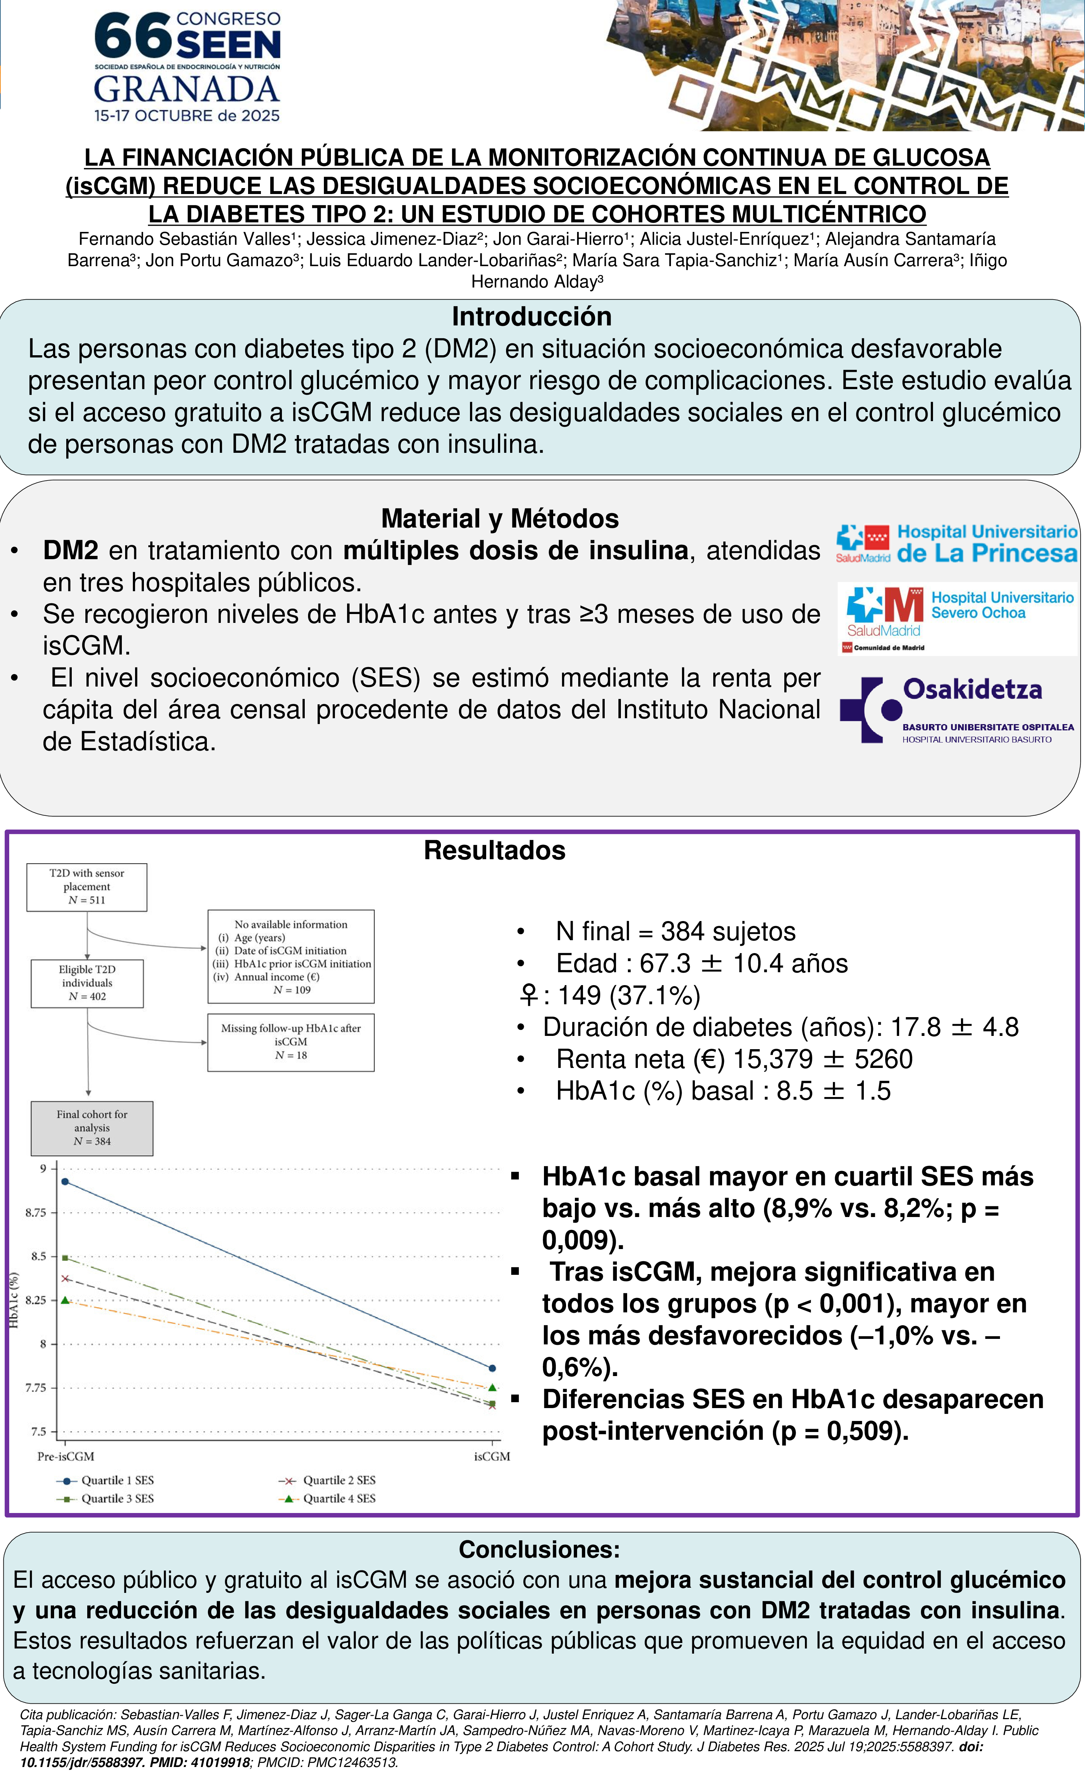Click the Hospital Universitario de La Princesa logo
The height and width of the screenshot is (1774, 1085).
click(x=956, y=544)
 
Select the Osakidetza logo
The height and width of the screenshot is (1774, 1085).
click(x=956, y=709)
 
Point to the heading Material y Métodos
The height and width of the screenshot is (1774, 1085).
click(x=500, y=518)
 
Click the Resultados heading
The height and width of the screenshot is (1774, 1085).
click(x=495, y=850)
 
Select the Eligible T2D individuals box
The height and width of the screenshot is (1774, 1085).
click(x=87, y=983)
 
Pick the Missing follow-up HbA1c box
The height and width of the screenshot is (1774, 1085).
click(x=291, y=1042)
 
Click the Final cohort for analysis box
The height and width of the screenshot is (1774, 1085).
click(x=91, y=1128)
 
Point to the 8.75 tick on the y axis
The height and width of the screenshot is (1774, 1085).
click(x=36, y=1213)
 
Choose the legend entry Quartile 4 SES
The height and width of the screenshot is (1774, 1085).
click(x=328, y=1498)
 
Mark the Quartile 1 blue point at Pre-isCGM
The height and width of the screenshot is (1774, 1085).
click(x=65, y=1181)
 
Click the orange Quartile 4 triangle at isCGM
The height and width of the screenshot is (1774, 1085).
click(x=492, y=1387)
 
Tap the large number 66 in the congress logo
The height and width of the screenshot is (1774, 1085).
click(x=133, y=36)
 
